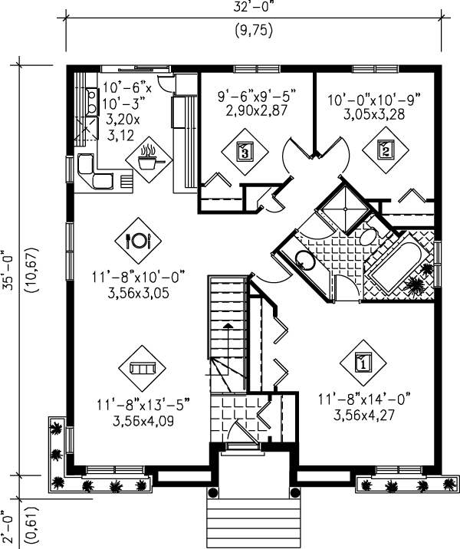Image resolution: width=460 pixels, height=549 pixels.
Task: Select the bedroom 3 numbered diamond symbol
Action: point(244,150)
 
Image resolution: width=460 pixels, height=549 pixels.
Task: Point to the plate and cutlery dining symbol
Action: point(139,240)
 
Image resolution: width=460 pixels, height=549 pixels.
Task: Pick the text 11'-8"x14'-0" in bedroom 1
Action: point(365,398)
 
